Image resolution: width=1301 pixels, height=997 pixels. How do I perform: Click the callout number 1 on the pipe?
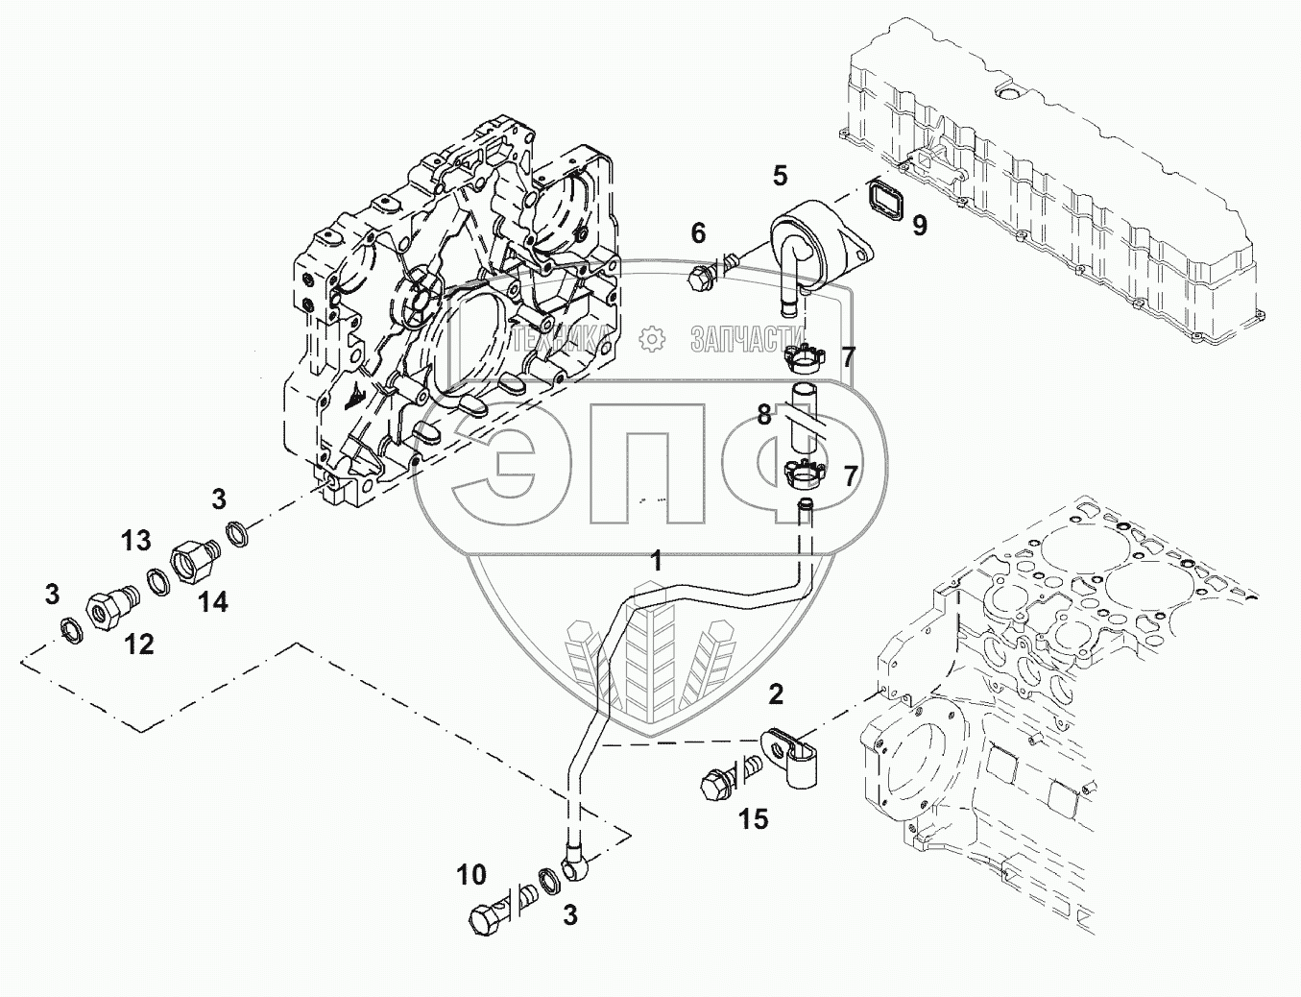(657, 561)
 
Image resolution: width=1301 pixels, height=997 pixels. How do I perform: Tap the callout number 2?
(776, 694)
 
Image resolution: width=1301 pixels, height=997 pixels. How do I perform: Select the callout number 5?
(780, 176)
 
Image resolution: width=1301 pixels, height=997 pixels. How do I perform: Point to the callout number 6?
(698, 232)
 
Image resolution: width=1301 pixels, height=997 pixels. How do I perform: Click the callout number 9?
(920, 226)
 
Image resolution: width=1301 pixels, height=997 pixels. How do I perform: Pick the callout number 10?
(471, 875)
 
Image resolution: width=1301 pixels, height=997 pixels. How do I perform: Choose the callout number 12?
(139, 644)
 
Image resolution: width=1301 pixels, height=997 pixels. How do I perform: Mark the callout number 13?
(136, 541)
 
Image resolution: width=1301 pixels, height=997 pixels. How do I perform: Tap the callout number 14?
(213, 602)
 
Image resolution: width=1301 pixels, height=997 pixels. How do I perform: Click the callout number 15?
(754, 819)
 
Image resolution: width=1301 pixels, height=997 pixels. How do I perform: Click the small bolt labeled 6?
(703, 275)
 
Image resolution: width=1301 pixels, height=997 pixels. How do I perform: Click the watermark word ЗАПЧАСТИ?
(737, 338)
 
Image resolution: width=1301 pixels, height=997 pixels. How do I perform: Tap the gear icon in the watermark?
(652, 338)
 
